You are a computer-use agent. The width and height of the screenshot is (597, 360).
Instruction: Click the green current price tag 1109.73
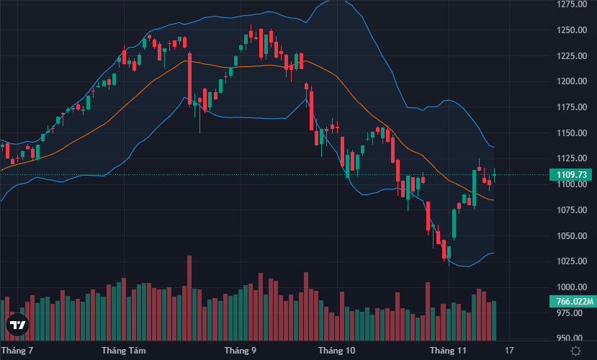click(x=569, y=174)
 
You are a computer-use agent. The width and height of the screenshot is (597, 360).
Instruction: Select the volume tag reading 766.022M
click(x=569, y=301)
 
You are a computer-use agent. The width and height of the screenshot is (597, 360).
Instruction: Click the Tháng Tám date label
click(x=123, y=351)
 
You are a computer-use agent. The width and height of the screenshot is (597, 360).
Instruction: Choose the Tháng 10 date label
click(x=337, y=351)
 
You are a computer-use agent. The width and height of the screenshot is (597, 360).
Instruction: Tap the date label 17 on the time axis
click(x=510, y=351)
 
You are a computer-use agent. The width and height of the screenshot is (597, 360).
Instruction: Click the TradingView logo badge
click(x=17, y=325)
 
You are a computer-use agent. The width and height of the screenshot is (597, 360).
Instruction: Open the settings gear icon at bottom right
click(x=575, y=351)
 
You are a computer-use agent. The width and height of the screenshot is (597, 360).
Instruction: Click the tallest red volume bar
click(x=189, y=297)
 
